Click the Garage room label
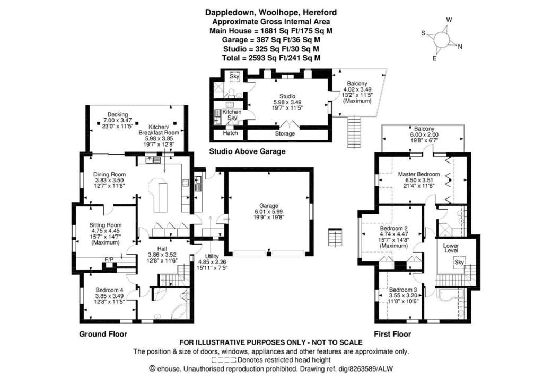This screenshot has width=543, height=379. pyautogui.click(x=269, y=206)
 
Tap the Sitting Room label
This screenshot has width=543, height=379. pyautogui.click(x=106, y=225)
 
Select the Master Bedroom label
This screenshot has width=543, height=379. pyautogui.click(x=419, y=174)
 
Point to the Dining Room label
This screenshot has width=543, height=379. pyautogui.click(x=109, y=175)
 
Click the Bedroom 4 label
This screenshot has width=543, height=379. pyautogui.click(x=109, y=290)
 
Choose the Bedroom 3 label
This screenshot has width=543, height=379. pyautogui.click(x=403, y=290)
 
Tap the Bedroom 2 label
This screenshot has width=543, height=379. pyautogui.click(x=394, y=229)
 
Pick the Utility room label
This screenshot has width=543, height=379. pyautogui.click(x=212, y=256)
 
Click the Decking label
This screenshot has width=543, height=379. pyautogui.click(x=117, y=114)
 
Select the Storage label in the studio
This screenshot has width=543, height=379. pyautogui.click(x=285, y=133)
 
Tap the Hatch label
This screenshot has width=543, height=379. pyautogui.click(x=230, y=133)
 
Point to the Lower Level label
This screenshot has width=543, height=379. pyautogui.click(x=451, y=248)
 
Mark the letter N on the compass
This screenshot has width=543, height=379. pyautogui.click(x=460, y=47)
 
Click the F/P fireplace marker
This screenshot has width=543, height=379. pyautogui.click(x=109, y=259)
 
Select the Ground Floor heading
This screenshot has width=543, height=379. pyautogui.click(x=103, y=334)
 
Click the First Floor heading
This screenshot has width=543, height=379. pyautogui.click(x=392, y=334)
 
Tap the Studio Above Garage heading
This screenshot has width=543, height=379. pyautogui.click(x=247, y=151)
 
